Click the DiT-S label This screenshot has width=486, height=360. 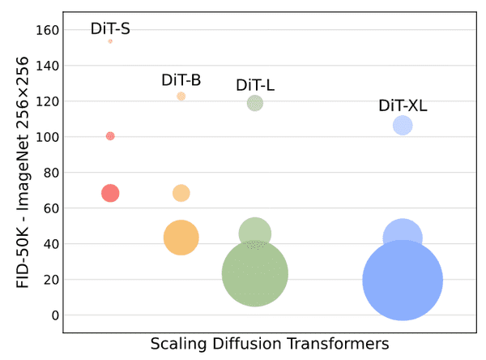[110, 29]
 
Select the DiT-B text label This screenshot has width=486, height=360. [181, 80]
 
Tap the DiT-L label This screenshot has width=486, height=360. [255, 85]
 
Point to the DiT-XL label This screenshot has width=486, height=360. [403, 105]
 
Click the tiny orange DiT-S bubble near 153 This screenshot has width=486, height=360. [110, 41]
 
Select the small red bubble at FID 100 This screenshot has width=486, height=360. [110, 136]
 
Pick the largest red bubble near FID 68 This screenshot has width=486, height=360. [110, 193]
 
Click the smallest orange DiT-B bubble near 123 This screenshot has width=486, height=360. [181, 96]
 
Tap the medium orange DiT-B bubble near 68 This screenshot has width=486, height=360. [181, 193]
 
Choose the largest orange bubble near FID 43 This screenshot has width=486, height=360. [181, 238]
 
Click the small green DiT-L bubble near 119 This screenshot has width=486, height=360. [255, 103]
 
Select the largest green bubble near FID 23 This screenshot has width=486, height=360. [255, 274]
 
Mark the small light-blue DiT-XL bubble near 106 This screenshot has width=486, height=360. [403, 126]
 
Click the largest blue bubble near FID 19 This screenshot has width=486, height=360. [403, 281]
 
